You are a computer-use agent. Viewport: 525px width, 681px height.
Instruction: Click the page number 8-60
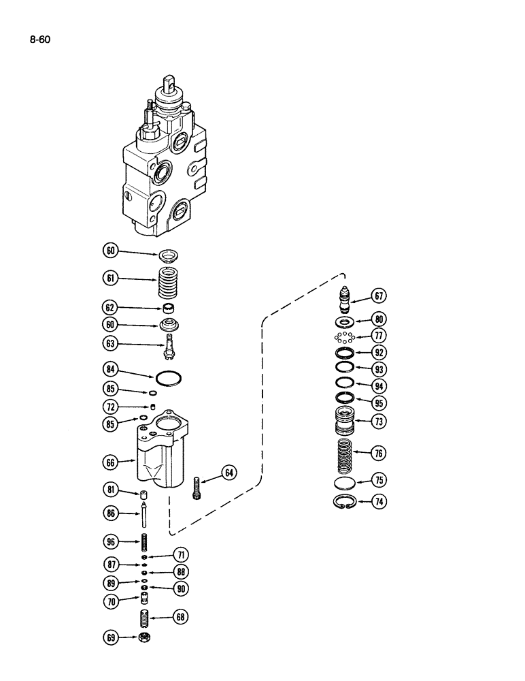pos(40,39)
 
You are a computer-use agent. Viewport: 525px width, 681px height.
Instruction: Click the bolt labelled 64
pos(197,488)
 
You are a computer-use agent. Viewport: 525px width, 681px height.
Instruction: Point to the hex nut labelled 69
pos(144,637)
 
